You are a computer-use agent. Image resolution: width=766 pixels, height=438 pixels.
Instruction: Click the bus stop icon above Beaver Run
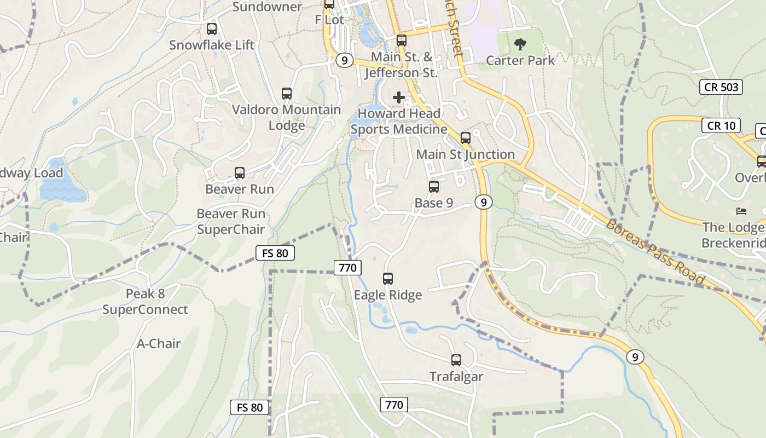click(239, 173)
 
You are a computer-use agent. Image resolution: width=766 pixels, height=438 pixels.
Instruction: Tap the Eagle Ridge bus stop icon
click(388, 279)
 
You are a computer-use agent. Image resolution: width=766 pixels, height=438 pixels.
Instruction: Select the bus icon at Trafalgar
click(456, 360)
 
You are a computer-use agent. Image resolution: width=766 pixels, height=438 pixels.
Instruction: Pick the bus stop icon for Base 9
click(434, 187)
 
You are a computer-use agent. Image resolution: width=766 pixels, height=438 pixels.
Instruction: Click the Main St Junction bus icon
click(466, 138)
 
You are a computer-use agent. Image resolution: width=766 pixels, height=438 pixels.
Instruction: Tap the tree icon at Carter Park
click(520, 44)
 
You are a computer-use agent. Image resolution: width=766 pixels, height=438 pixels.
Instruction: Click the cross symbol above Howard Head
click(399, 97)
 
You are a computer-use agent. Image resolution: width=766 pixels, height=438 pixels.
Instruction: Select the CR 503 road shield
click(721, 87)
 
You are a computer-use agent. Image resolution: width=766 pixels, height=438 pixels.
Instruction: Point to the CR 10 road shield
click(721, 125)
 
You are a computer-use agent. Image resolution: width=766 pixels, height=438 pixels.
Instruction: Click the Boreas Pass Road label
click(655, 252)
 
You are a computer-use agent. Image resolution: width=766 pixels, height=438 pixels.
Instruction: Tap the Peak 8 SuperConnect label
click(145, 302)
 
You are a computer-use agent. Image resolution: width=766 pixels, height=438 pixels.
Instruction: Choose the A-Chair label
click(159, 344)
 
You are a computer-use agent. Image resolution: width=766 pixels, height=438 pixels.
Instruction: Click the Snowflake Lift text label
click(212, 45)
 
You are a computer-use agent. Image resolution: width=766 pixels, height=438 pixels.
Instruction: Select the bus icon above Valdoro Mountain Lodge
click(286, 94)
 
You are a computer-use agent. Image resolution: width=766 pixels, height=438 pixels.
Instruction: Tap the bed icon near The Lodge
click(741, 211)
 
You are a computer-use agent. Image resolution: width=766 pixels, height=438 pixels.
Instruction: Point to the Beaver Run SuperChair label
click(231, 222)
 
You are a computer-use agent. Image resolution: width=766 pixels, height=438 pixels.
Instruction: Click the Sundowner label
click(267, 7)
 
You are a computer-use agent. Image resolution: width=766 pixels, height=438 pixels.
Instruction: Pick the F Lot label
click(329, 20)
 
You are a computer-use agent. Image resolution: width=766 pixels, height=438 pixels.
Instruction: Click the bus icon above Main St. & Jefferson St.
click(402, 40)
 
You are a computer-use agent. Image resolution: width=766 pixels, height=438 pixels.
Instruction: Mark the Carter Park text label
click(520, 60)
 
